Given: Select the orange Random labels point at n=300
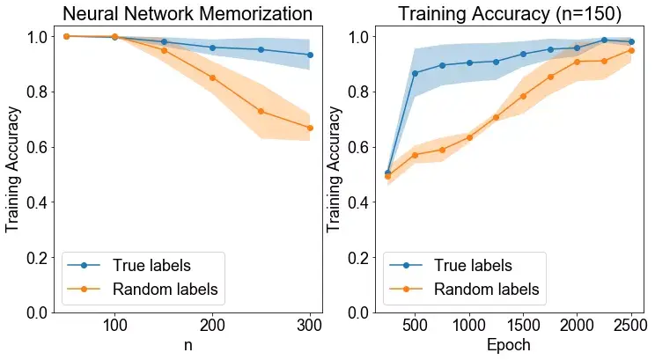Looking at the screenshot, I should click(310, 128).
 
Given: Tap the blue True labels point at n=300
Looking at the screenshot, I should click(310, 55).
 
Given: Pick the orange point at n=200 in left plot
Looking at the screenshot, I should click(212, 77).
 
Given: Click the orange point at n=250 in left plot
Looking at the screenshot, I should click(261, 111).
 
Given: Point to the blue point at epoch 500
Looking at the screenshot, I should click(415, 73).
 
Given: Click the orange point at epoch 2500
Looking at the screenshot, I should click(631, 50).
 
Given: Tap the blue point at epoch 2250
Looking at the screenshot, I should click(604, 40).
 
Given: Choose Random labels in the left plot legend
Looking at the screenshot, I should click(165, 289).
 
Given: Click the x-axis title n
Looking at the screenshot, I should click(188, 345).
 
